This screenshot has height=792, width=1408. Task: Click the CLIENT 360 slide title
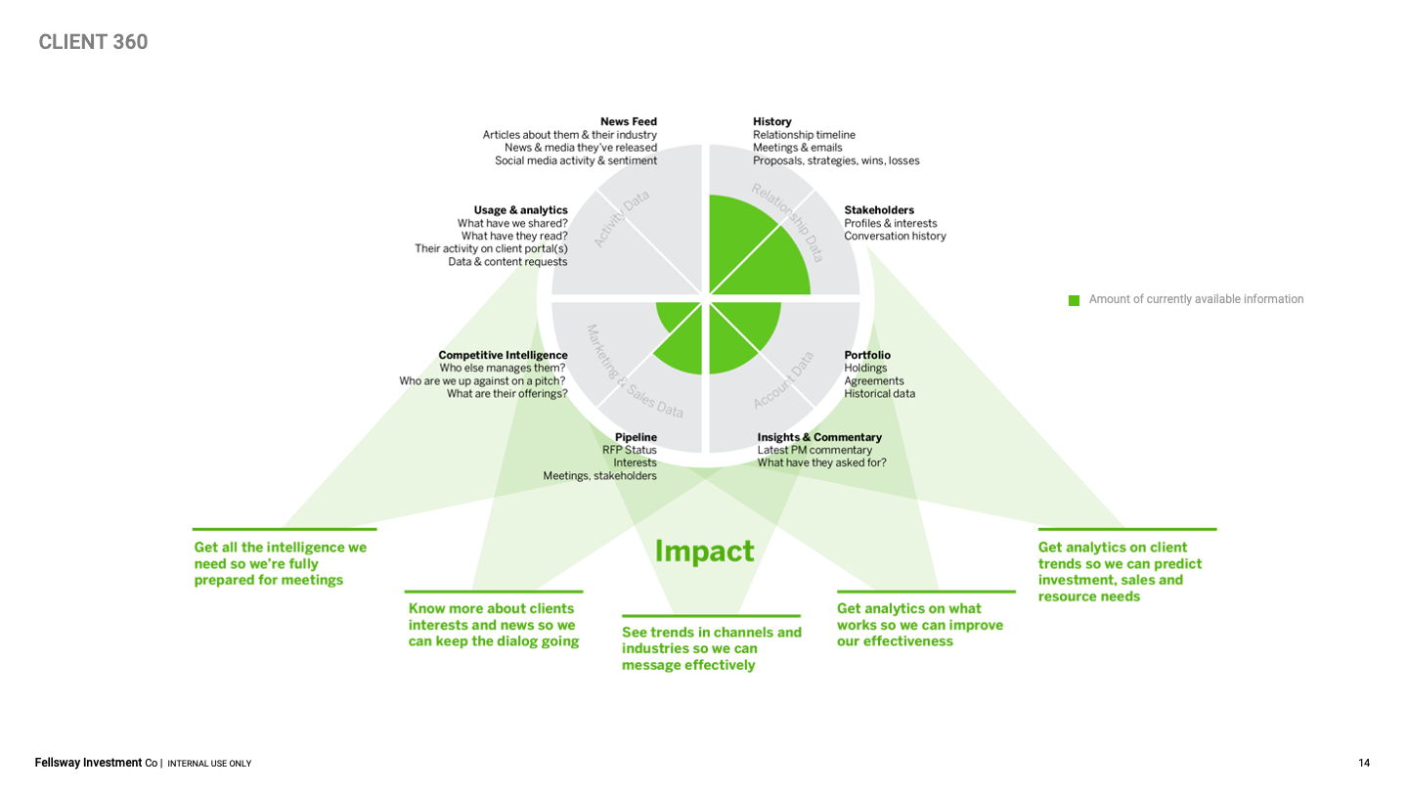(94, 42)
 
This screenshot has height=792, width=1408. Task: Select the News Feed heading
(629, 121)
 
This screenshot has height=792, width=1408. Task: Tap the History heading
(772, 121)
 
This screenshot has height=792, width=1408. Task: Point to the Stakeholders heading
(879, 210)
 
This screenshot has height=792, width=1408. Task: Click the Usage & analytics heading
(520, 210)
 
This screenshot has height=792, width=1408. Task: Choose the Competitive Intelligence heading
(503, 355)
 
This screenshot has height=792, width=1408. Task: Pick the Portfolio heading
(867, 355)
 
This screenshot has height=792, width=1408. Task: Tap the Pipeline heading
(636, 437)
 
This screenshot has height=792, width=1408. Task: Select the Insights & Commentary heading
(819, 437)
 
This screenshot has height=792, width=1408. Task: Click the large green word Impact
(704, 551)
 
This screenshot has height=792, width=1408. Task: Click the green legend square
(1074, 300)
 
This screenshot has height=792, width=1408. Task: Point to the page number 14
(1364, 763)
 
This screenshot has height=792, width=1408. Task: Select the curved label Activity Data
(621, 217)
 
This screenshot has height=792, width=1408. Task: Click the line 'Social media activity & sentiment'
(576, 160)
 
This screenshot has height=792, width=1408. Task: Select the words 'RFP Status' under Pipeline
(630, 450)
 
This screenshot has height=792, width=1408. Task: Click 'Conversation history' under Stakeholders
(895, 236)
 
